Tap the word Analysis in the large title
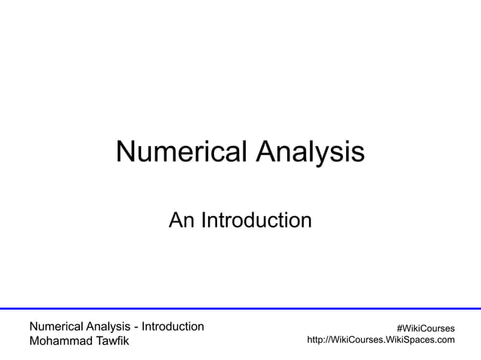pyautogui.click(x=310, y=152)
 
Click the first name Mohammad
pyautogui.click(x=60, y=341)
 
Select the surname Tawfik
pyautogui.click(x=112, y=341)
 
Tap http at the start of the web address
pyautogui.click(x=317, y=340)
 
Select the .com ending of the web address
pyautogui.click(x=444, y=340)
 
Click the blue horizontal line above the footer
pyautogui.click(x=240, y=308)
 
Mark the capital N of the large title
pyautogui.click(x=125, y=152)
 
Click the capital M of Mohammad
pyautogui.click(x=34, y=341)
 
